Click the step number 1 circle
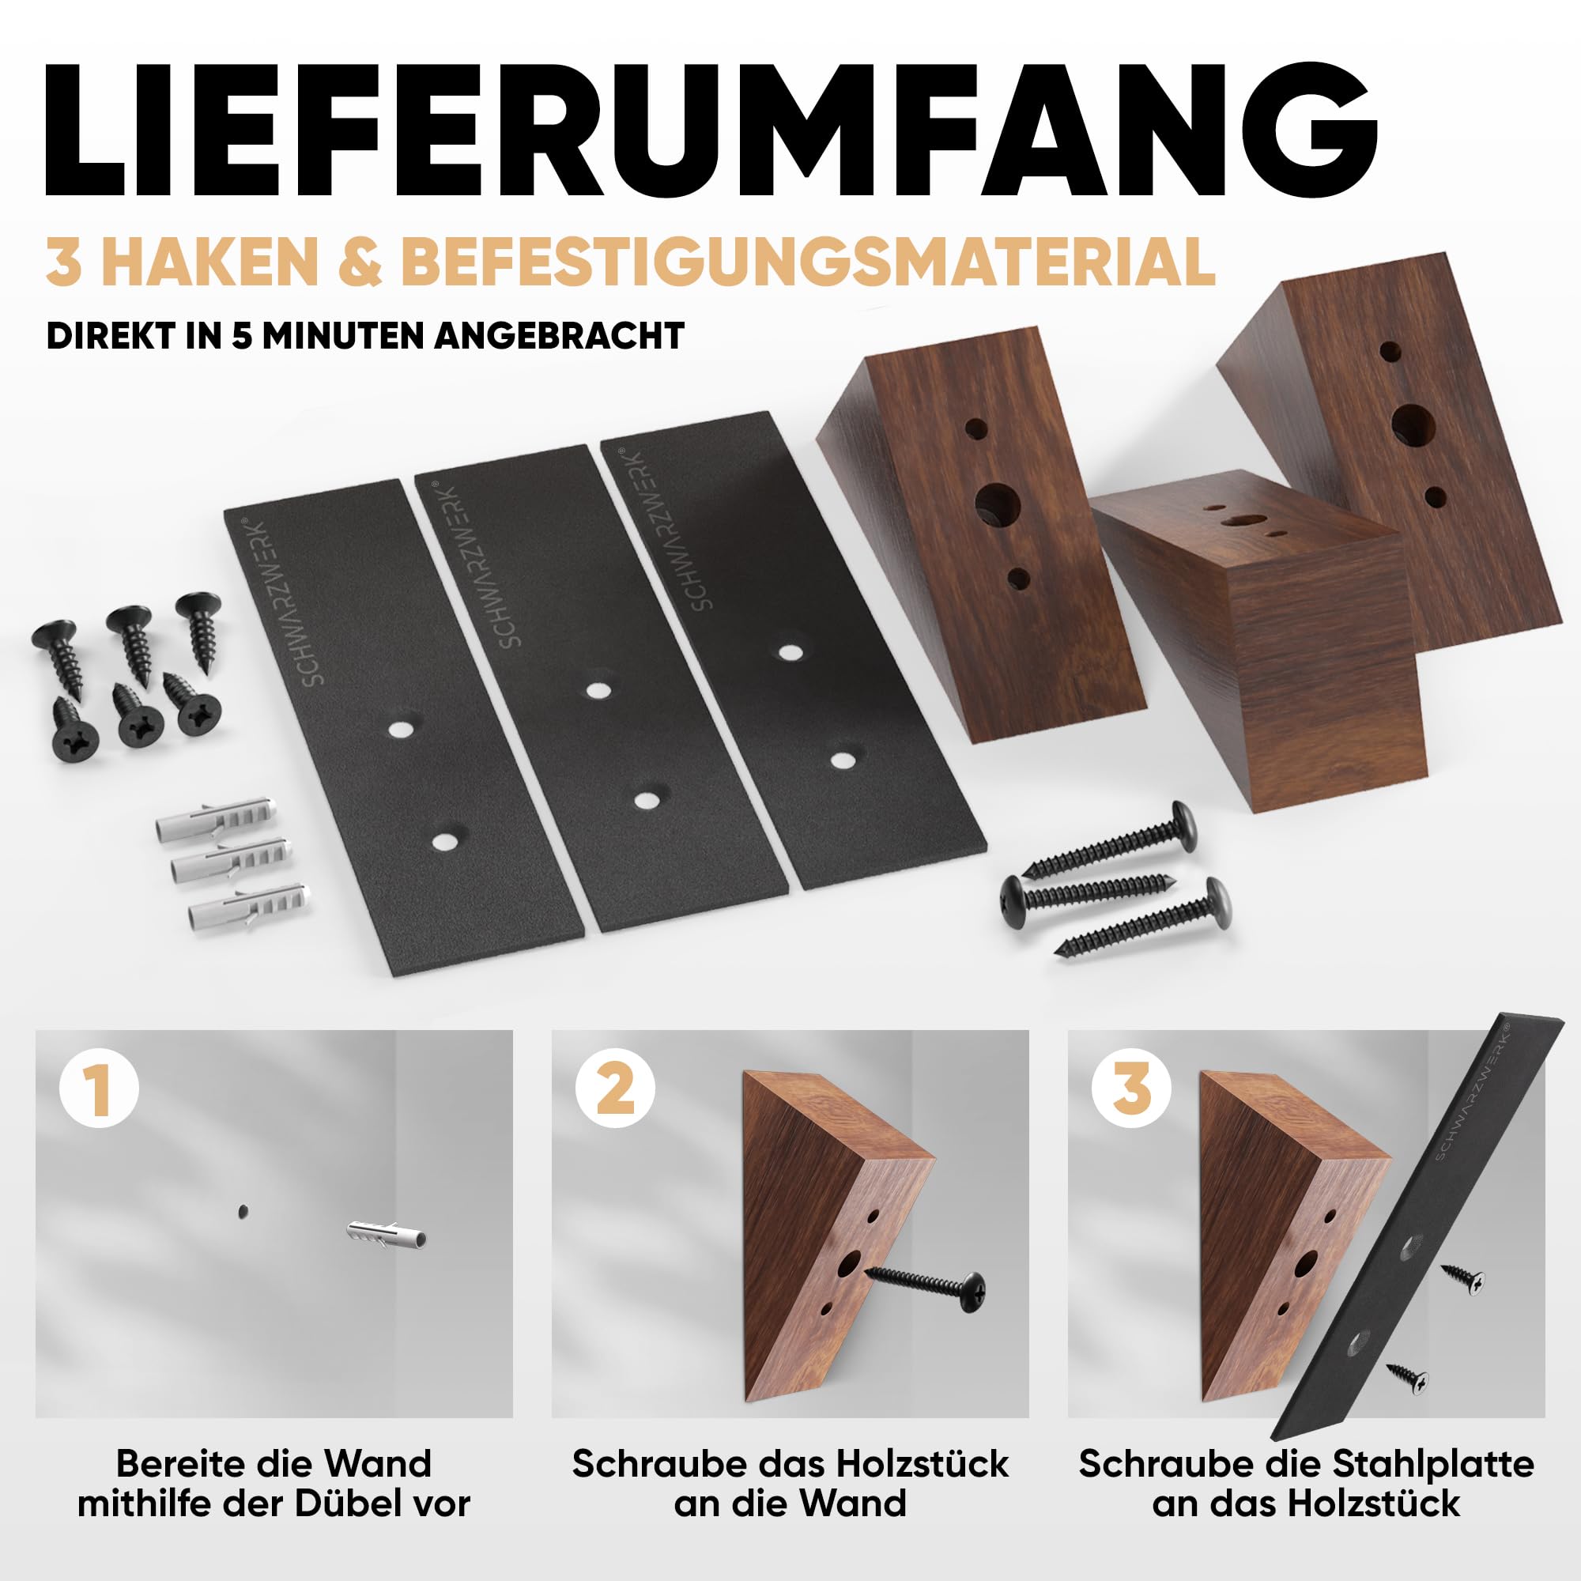coord(99,1089)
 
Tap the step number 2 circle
coord(615,1089)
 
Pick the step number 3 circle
coord(1132,1089)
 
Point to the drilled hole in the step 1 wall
coord(242,1212)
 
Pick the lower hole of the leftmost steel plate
coord(445,841)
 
